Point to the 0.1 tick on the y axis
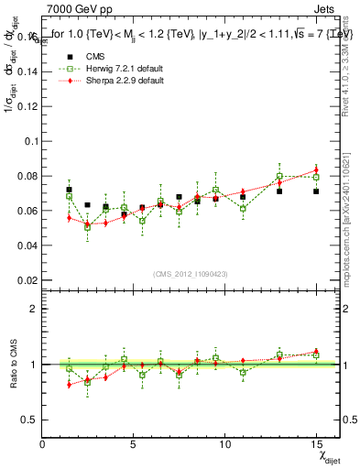[x=31, y=141]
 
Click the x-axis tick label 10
[x=225, y=444]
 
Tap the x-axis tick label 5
[x=134, y=444]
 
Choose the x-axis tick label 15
[x=316, y=444]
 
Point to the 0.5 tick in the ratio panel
[x=31, y=420]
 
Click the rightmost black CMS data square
[x=316, y=191]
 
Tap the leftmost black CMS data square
[x=70, y=190]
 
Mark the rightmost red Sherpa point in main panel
[x=316, y=170]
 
